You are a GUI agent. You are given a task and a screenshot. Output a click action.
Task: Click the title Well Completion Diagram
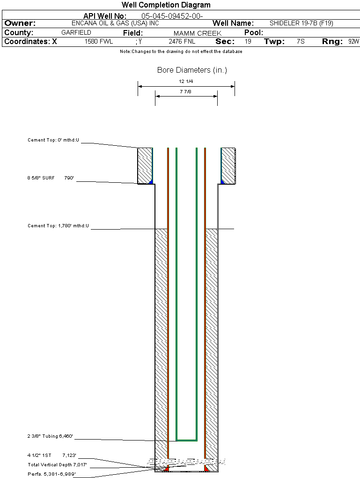click(x=166, y=5)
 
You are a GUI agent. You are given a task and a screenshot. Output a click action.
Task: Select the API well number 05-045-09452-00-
click(x=172, y=16)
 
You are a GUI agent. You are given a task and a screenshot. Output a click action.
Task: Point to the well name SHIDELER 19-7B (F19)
click(x=301, y=23)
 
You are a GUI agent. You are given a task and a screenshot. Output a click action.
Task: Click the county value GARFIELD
click(x=76, y=33)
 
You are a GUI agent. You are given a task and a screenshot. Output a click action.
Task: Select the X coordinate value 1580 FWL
click(x=99, y=42)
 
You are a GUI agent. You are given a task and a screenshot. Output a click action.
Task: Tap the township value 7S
click(x=301, y=42)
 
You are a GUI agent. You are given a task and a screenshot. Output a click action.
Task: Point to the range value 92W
click(x=353, y=42)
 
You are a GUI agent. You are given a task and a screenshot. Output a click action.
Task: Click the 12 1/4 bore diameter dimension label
click(x=186, y=82)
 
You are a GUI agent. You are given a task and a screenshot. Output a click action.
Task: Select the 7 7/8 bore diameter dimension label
click(x=186, y=91)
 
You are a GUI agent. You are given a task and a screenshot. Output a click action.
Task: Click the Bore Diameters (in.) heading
click(x=192, y=70)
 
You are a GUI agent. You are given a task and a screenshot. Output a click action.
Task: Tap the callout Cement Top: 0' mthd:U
click(x=53, y=140)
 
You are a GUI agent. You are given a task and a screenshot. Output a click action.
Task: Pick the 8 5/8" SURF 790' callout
click(x=51, y=178)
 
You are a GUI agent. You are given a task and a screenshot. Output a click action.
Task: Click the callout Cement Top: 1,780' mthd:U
click(x=58, y=226)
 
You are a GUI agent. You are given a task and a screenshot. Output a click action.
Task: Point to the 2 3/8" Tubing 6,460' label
click(x=50, y=436)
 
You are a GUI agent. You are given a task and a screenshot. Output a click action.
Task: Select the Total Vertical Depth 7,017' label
click(x=57, y=464)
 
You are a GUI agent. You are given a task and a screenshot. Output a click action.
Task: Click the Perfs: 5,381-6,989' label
click(x=51, y=474)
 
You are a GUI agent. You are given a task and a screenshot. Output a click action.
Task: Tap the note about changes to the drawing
click(x=181, y=52)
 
